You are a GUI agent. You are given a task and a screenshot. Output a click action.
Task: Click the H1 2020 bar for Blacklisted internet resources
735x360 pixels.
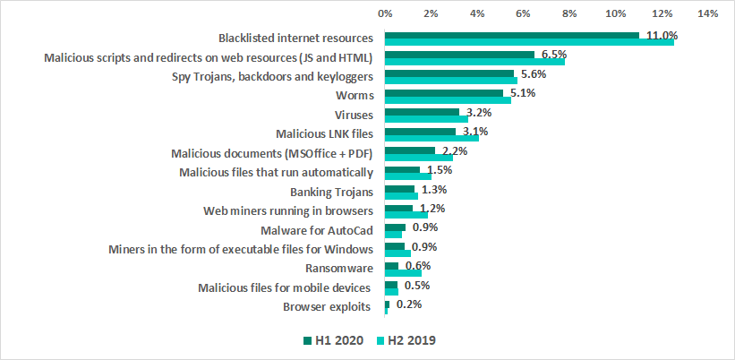pyautogui.click(x=512, y=35)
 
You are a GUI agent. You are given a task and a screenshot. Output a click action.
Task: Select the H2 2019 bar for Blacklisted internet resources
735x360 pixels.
pyautogui.click(x=529, y=42)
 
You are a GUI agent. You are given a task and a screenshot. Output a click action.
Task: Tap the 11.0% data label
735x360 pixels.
pyautogui.click(x=662, y=36)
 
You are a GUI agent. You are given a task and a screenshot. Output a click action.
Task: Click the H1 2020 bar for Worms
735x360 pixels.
pyautogui.click(x=444, y=92)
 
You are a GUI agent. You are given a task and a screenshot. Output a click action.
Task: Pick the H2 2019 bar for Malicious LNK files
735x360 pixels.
pyautogui.click(x=432, y=138)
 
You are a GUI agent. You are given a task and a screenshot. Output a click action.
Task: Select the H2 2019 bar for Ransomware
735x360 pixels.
pyautogui.click(x=403, y=272)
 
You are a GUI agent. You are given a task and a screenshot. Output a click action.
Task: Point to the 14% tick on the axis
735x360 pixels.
pyautogui.click(x=708, y=13)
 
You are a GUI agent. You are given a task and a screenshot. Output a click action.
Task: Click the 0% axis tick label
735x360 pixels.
pyautogui.click(x=385, y=13)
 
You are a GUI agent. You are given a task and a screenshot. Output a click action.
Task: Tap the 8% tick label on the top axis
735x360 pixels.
pyautogui.click(x=569, y=13)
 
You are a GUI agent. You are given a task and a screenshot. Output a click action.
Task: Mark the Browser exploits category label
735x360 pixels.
pyautogui.click(x=327, y=307)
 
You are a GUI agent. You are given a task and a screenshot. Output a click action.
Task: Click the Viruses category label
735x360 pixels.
pyautogui.click(x=352, y=115)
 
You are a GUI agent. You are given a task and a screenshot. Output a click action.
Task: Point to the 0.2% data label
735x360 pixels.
pyautogui.click(x=409, y=304)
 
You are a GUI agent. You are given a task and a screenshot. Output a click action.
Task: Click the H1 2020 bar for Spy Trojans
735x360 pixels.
pyautogui.click(x=449, y=73)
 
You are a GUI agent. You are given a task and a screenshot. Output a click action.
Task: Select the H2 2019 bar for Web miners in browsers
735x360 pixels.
pyautogui.click(x=406, y=215)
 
